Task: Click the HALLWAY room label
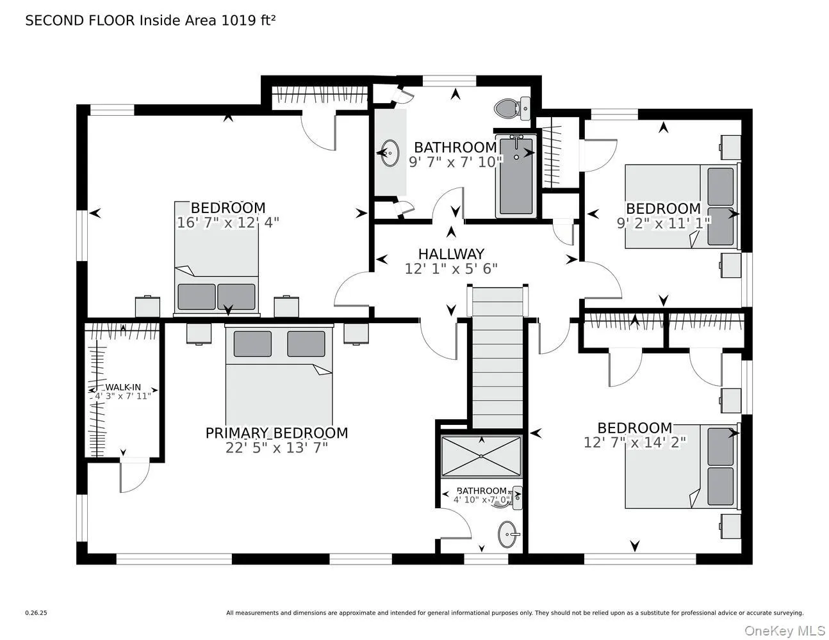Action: coord(451,254)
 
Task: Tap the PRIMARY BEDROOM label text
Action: coord(277,433)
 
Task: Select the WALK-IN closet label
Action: coord(123,387)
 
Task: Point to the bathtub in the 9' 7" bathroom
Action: coord(516,176)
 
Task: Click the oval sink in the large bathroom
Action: coord(389,154)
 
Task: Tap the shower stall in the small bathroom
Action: coord(482,456)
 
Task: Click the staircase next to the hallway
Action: coord(497,358)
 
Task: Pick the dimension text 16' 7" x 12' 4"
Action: coord(228,222)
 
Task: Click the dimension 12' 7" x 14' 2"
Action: coord(635,442)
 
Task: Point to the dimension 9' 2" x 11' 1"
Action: coord(663,223)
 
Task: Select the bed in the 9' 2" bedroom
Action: coord(682,206)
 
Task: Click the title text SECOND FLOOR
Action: coord(80,20)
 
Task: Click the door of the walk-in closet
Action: coord(135,474)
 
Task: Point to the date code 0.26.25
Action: coord(36,612)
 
